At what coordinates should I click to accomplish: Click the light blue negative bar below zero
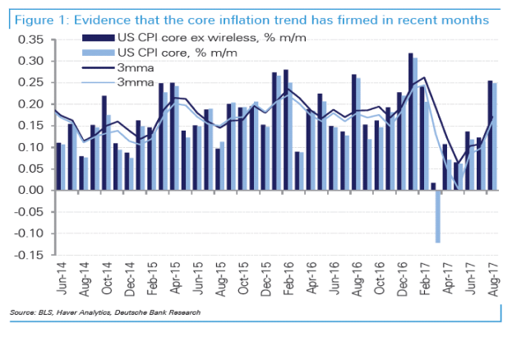click(x=439, y=216)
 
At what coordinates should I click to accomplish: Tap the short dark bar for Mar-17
click(x=433, y=187)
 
